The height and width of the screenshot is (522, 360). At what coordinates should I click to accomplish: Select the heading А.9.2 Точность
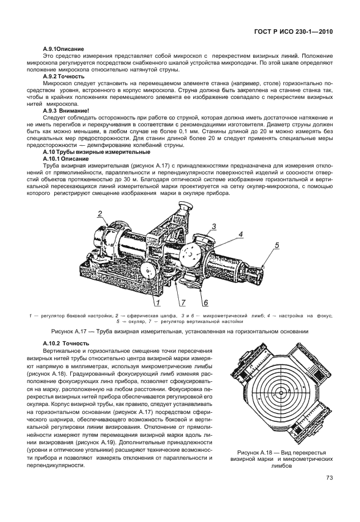[x=63, y=76]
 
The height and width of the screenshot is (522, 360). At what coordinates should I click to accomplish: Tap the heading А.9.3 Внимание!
[x=66, y=110]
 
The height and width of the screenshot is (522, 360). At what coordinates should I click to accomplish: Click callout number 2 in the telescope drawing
[x=99, y=214]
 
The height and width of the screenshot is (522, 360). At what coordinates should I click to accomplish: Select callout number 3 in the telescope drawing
[x=213, y=226]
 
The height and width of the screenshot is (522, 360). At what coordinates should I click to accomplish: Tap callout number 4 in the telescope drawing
[x=241, y=234]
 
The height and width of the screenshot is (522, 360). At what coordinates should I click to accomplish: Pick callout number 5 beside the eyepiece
[x=277, y=245]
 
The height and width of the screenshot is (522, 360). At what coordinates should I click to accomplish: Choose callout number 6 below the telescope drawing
[x=205, y=302]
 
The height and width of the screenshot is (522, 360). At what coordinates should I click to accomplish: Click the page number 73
[x=329, y=478]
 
